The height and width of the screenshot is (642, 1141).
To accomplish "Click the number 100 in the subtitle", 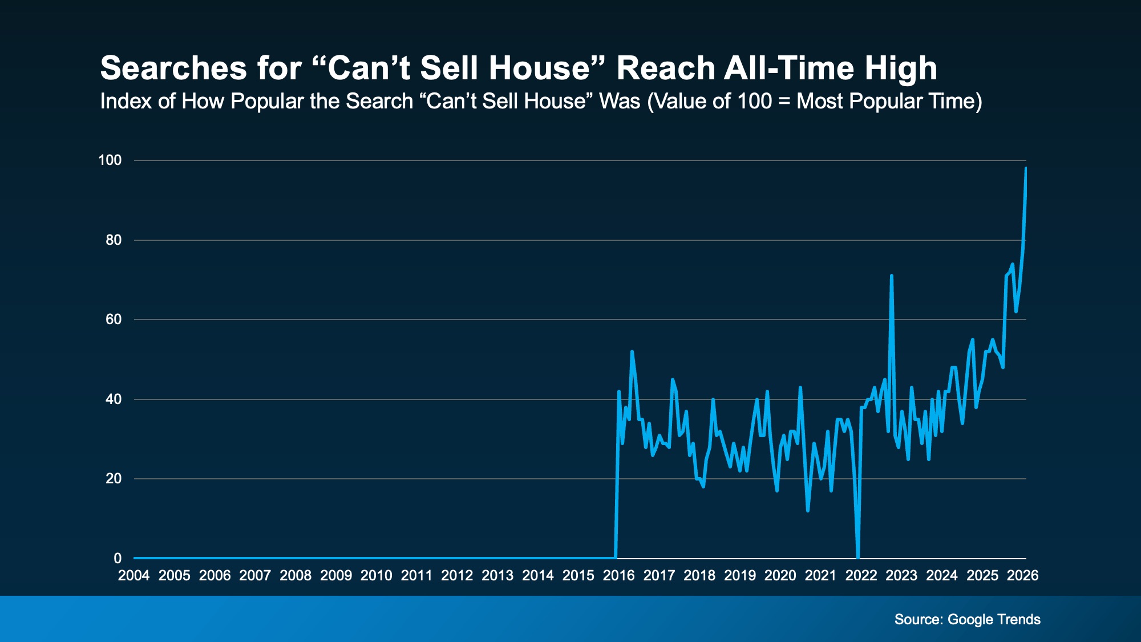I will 755,101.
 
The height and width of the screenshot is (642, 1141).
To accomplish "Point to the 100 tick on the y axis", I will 110,160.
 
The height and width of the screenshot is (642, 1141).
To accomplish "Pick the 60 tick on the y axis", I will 114,320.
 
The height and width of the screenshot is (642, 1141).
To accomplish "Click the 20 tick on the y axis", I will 114,479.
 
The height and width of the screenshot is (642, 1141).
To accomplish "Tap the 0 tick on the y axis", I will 118,558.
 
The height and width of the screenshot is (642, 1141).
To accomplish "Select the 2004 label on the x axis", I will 133,575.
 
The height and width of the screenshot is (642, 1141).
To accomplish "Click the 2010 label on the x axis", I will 376,575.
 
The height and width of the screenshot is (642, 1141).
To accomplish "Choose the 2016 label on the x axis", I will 618,575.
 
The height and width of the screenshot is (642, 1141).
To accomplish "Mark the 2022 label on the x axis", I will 861,575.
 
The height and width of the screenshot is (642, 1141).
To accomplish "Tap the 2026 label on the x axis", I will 1022,575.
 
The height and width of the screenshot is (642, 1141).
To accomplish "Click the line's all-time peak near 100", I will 1026,168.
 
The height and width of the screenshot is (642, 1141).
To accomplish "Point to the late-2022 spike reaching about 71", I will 891,276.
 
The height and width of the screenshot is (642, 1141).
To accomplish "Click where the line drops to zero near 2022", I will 858,556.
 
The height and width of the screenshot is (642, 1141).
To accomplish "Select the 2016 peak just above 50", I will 632,352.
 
